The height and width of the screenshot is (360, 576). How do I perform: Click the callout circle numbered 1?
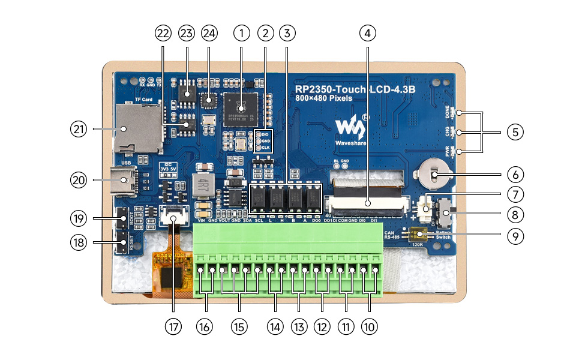pos(241,33)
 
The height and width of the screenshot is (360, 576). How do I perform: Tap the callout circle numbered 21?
pos(79,128)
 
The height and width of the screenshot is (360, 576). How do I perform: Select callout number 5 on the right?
pos(515,132)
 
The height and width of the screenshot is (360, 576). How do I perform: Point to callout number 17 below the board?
pos(173,326)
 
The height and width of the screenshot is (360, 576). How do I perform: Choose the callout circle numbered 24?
pos(208,33)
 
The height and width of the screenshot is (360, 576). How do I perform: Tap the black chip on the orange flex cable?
pos(176,277)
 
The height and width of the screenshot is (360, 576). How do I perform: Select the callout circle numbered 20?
pos(79,179)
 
